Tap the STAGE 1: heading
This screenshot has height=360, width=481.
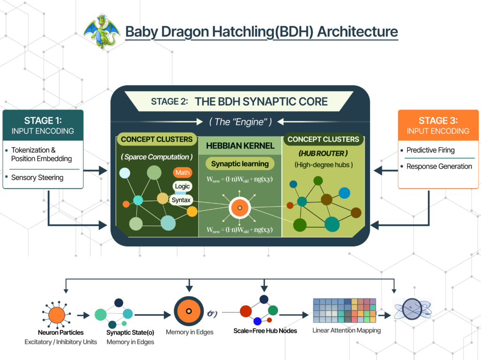point(43,121)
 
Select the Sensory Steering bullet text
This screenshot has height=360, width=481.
point(37,178)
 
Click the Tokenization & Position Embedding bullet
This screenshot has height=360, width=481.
point(41,154)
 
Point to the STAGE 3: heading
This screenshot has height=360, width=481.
point(438,121)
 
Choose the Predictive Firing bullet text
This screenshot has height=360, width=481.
point(430,150)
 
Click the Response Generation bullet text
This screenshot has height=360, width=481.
point(439,166)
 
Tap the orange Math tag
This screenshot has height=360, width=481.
point(182,173)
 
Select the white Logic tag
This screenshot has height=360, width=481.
point(182,186)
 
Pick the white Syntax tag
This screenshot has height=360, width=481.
point(181,200)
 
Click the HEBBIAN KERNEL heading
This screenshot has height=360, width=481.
point(240,146)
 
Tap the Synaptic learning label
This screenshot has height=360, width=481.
point(240,164)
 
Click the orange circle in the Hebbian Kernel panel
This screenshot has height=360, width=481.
point(240,208)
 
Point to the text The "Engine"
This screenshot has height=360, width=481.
point(240,122)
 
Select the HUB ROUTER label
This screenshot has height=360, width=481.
point(323,154)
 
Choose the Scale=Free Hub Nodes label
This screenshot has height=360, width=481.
point(265,331)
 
